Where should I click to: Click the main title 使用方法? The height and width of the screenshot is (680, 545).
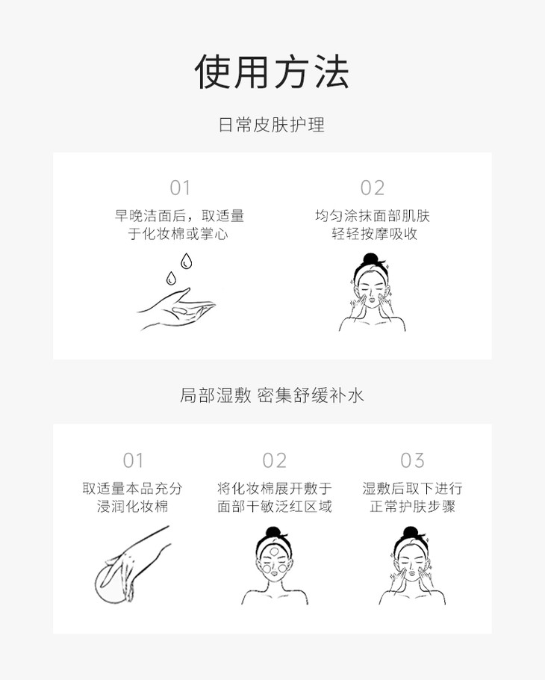272,72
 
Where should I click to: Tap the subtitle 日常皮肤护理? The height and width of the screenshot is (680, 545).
272,125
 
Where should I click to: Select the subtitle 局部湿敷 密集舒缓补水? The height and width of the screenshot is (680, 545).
272,395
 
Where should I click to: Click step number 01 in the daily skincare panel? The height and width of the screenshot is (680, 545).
180,188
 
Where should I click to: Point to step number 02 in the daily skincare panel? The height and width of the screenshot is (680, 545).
372,188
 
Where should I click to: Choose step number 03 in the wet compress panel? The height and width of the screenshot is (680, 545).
412,460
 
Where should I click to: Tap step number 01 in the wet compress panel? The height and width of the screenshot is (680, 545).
133,460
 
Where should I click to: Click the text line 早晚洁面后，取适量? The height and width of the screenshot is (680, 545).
179,215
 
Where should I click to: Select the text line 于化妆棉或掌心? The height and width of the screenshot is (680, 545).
178,234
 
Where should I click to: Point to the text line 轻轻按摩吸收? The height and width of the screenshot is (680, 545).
374,234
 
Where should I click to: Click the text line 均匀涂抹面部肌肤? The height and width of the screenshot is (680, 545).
373,215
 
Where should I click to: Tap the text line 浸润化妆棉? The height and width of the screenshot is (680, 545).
133,506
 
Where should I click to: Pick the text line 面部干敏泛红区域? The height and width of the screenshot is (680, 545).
275,506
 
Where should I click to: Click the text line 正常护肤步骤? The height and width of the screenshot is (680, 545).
412,506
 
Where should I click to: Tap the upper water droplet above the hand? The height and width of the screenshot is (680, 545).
187,261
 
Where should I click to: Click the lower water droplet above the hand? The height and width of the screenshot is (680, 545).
171,278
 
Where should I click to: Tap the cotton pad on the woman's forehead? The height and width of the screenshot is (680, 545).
274,551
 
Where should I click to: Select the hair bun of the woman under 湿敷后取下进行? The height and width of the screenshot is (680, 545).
410,532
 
